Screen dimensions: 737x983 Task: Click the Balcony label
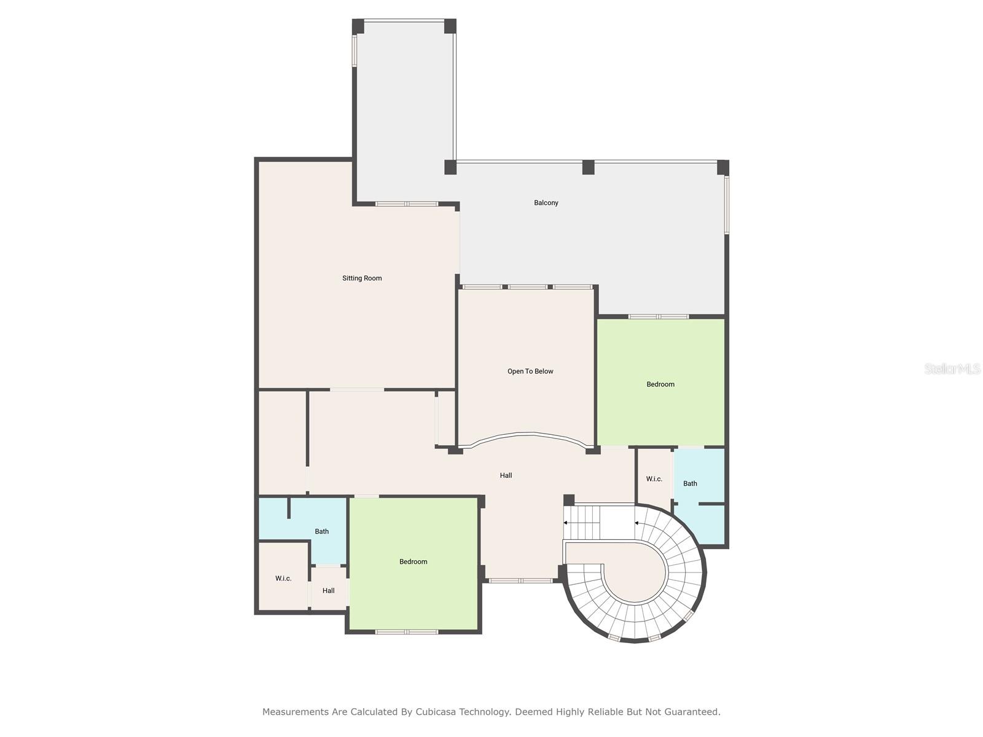546,203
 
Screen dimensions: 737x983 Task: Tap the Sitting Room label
362,278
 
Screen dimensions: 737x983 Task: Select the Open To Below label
530,371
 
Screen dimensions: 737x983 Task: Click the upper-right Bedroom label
660,384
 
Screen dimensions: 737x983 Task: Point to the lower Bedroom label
413,561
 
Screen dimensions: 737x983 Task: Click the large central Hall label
506,475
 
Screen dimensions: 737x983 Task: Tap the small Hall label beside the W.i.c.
329,591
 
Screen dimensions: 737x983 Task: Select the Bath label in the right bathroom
690,483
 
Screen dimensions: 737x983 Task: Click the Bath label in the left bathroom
322,531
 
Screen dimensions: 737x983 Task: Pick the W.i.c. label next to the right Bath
654,479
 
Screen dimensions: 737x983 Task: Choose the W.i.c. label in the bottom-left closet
283,579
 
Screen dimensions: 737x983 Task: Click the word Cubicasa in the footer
438,712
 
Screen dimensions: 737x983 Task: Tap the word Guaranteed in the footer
691,712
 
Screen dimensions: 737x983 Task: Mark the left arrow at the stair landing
566,523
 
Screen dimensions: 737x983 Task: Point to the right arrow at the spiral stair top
637,523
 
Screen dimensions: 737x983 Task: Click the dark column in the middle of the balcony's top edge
589,167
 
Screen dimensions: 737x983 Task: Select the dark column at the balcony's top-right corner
723,167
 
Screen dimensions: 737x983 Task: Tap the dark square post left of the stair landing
569,500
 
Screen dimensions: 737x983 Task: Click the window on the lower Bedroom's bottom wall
407,631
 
